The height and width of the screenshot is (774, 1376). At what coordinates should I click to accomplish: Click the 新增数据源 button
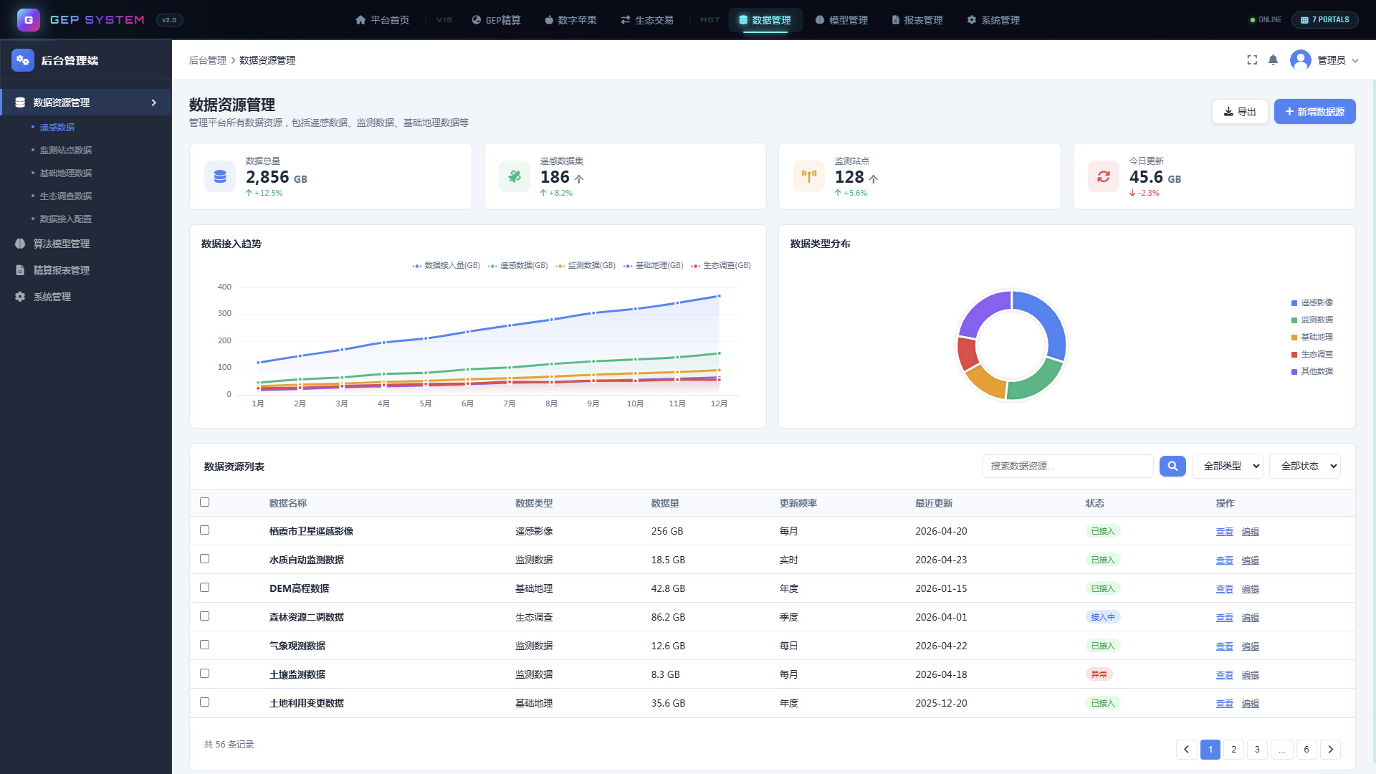(1314, 112)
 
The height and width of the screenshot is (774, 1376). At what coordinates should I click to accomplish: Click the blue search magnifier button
(1172, 466)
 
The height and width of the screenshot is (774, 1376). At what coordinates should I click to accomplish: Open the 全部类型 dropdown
(1228, 466)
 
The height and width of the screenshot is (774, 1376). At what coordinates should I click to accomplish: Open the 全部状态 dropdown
(1305, 466)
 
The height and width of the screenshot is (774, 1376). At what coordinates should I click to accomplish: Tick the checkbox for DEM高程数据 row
(204, 588)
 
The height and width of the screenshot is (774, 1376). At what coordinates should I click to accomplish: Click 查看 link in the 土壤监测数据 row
(1225, 675)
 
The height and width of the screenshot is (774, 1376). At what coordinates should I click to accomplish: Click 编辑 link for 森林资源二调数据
(1251, 618)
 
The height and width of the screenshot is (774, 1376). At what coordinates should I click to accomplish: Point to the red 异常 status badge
(1099, 674)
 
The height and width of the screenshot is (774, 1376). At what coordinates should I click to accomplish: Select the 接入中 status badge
(1103, 617)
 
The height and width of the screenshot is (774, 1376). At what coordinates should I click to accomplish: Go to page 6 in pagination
(1306, 750)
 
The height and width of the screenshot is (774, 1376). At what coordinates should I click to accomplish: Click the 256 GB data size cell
(667, 531)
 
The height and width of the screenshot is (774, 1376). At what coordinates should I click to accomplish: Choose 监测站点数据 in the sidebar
(66, 150)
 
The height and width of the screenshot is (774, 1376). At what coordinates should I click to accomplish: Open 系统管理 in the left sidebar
(52, 297)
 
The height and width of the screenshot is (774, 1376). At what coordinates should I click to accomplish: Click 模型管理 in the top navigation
(841, 20)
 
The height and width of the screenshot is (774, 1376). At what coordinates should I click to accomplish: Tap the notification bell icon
(1273, 60)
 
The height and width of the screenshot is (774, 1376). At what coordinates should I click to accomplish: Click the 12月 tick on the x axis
(719, 404)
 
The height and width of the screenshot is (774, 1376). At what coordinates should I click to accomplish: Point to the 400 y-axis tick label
(224, 287)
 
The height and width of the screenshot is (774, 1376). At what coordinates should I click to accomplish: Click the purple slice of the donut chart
(983, 313)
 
